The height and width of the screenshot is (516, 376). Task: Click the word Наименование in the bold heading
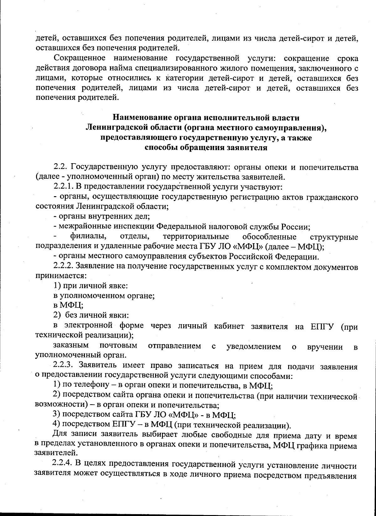(140, 118)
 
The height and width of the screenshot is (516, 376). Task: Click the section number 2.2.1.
(62, 187)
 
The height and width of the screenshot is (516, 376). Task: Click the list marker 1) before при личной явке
(57, 286)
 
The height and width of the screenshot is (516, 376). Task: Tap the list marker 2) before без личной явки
(57, 315)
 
